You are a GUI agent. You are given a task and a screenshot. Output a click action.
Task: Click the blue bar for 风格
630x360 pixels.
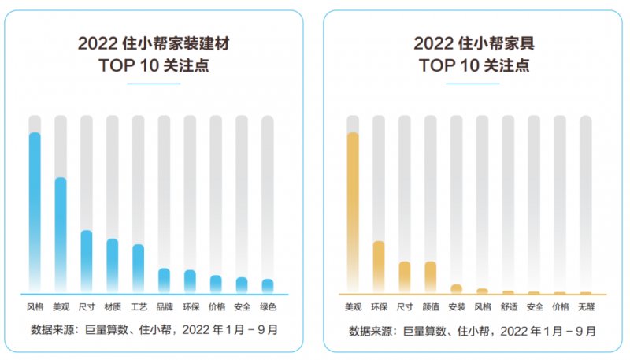coord(35,211)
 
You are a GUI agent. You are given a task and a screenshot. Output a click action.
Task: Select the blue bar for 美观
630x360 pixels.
coord(61,233)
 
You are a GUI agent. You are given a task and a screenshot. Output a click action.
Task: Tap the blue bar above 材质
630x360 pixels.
coord(113,264)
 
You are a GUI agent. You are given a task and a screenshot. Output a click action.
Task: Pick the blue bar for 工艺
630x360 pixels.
coord(138,267)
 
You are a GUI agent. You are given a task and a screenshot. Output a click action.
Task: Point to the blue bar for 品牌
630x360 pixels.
coord(164,280)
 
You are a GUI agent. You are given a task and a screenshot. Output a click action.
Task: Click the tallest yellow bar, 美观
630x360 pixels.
coord(353,211)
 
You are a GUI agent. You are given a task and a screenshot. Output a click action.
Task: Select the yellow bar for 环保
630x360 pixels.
coord(379,266)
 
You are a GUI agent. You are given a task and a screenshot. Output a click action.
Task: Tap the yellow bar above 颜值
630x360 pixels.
coord(430,276)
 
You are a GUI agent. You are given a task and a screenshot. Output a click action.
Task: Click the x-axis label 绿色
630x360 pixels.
coord(268,306)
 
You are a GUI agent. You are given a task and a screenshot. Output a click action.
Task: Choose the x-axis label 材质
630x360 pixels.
coord(113,306)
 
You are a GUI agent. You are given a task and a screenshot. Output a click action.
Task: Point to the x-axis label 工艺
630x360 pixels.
coord(138,306)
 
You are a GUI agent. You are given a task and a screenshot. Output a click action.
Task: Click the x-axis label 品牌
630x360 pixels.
coord(164,306)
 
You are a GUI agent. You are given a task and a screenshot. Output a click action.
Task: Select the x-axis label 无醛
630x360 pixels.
coord(585,306)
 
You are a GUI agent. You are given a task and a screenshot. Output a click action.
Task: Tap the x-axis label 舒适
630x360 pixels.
coord(508,306)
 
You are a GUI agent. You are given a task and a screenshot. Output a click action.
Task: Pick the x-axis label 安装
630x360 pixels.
coord(456,306)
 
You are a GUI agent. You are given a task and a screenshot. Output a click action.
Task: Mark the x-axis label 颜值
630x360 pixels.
coord(430,306)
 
